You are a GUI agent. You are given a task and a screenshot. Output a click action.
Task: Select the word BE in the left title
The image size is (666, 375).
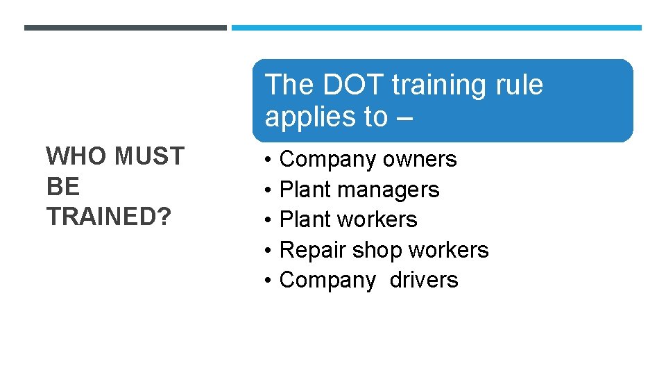click(x=62, y=187)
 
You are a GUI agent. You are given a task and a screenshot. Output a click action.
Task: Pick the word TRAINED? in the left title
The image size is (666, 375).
click(x=108, y=217)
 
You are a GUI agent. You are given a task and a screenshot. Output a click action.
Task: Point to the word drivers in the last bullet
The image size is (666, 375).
click(x=424, y=280)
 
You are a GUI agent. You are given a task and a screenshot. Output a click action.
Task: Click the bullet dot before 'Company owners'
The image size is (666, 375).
click(x=268, y=160)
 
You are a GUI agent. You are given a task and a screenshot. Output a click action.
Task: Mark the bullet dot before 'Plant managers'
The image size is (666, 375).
click(x=268, y=190)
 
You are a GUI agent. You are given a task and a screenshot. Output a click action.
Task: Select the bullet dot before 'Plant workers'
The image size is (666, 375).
click(x=268, y=219)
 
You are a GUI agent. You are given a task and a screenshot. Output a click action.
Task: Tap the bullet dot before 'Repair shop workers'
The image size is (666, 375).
click(x=268, y=250)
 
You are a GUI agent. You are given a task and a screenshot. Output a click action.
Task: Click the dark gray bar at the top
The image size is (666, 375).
click(x=125, y=28)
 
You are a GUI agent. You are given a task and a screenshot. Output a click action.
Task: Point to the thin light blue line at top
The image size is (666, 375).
click(x=436, y=28)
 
